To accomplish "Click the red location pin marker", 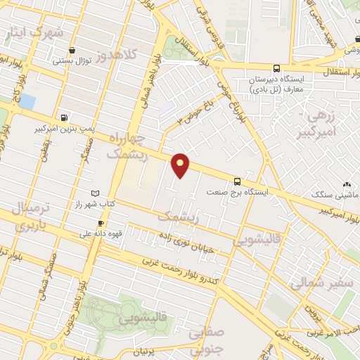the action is click(x=181, y=165).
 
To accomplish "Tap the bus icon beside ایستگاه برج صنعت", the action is click(x=237, y=181).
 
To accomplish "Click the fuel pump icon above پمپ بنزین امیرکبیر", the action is click(x=65, y=118).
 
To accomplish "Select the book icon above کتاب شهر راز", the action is click(x=96, y=193).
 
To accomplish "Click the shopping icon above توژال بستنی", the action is click(x=73, y=50).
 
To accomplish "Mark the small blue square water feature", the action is click(x=27, y=101).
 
